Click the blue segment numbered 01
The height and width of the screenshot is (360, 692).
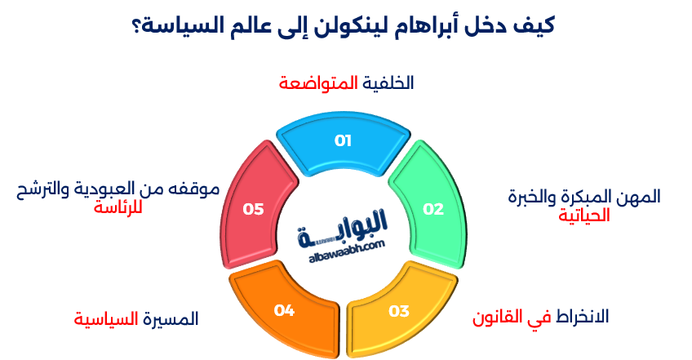(343, 141)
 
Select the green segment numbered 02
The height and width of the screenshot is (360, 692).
(432, 209)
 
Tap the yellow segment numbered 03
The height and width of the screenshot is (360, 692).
(398, 310)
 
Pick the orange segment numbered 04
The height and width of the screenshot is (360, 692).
(284, 310)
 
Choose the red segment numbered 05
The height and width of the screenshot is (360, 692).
(253, 209)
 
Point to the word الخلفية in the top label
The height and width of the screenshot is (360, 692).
(388, 83)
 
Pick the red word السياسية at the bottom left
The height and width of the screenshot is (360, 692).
(105, 318)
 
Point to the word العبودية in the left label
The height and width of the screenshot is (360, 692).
(135, 189)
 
